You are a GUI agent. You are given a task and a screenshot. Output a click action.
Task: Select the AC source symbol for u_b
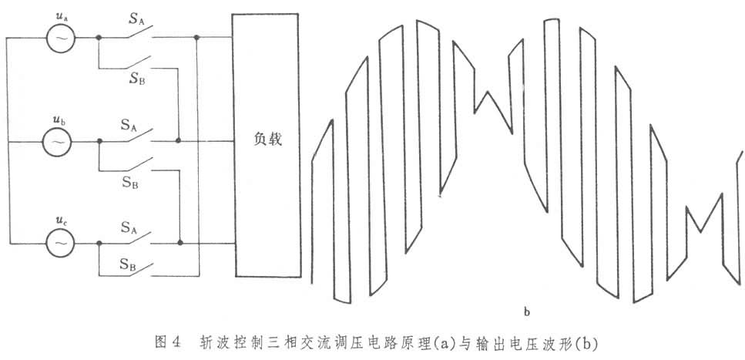click(x=56, y=142)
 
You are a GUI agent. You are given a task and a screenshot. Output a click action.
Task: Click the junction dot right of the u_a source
click(x=99, y=37)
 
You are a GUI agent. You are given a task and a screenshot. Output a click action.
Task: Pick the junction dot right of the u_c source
click(x=99, y=244)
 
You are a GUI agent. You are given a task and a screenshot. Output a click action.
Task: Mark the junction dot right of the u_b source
click(x=99, y=142)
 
